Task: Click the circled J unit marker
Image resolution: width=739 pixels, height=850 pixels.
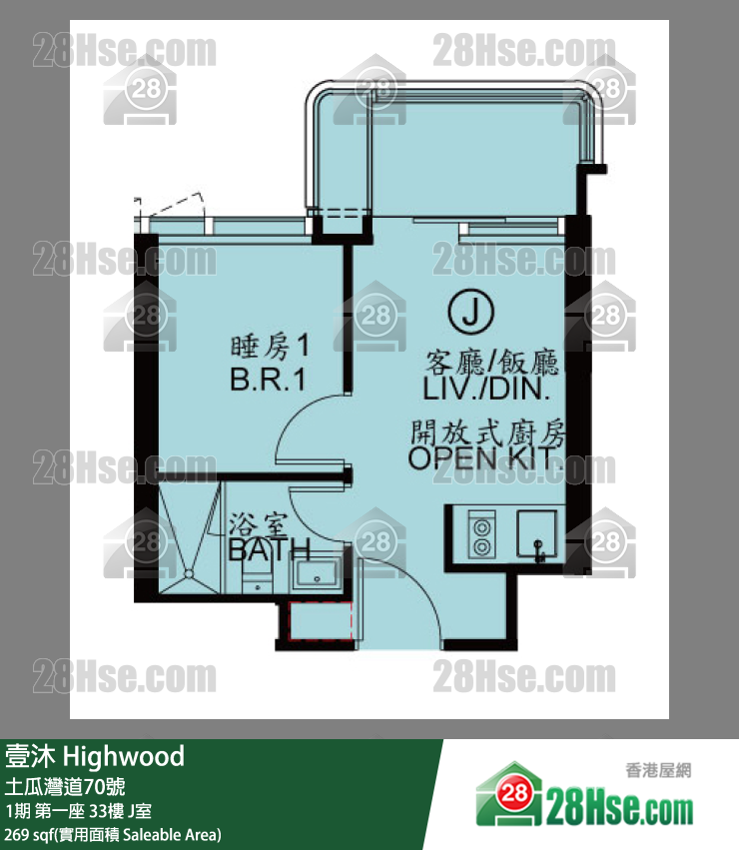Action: tap(470, 312)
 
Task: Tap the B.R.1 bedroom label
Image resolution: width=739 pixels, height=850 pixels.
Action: tap(268, 379)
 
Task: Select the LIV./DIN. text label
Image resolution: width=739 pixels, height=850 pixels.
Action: tap(486, 389)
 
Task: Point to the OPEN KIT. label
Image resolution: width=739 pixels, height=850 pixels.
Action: tap(485, 458)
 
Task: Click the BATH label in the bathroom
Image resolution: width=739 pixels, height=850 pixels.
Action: tap(270, 549)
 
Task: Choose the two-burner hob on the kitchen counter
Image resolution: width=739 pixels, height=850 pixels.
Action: tap(481, 534)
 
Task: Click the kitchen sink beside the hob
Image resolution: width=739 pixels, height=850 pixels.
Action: tap(536, 533)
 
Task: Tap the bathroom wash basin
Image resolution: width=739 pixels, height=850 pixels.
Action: tap(317, 574)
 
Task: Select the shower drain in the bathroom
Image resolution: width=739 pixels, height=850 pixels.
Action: tap(188, 573)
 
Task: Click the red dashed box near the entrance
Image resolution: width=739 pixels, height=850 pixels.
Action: tap(321, 621)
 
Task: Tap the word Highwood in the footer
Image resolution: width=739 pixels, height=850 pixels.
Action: tap(124, 757)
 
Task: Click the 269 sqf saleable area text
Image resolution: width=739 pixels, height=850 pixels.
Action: tap(113, 835)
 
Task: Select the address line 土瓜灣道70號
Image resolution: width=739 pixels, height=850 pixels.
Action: tap(65, 787)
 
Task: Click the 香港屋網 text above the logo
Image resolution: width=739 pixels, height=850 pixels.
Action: tap(658, 770)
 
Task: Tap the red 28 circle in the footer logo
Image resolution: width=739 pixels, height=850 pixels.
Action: tap(514, 794)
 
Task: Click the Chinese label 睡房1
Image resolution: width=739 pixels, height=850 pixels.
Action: tap(270, 347)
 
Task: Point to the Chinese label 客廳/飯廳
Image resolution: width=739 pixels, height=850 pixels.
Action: tap(491, 363)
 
